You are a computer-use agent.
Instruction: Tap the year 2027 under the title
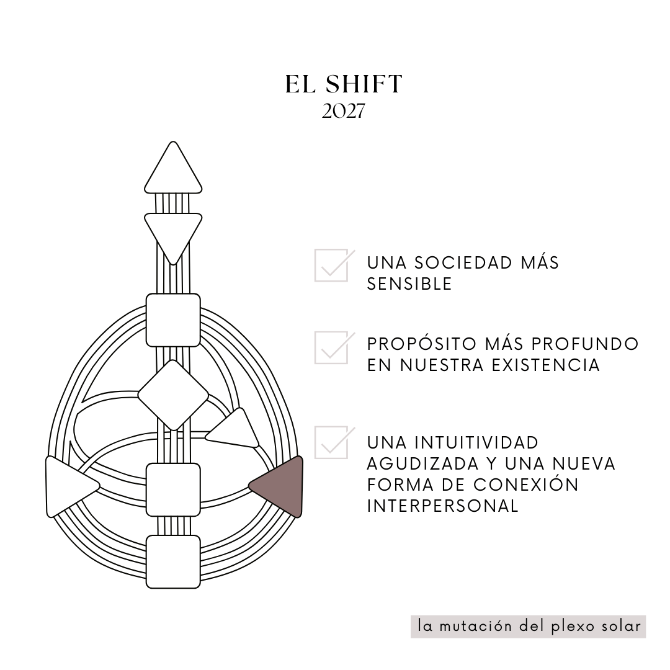(343, 112)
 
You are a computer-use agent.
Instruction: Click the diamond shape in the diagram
(173, 395)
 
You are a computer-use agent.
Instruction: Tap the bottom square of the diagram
(173, 561)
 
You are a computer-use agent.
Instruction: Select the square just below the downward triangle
(173, 320)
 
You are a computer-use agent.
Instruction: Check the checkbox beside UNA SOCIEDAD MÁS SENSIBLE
(331, 266)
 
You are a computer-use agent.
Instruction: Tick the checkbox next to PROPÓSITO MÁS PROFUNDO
(331, 347)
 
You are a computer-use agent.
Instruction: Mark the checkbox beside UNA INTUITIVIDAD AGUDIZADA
(331, 442)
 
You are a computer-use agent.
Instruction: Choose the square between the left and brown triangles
(173, 489)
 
